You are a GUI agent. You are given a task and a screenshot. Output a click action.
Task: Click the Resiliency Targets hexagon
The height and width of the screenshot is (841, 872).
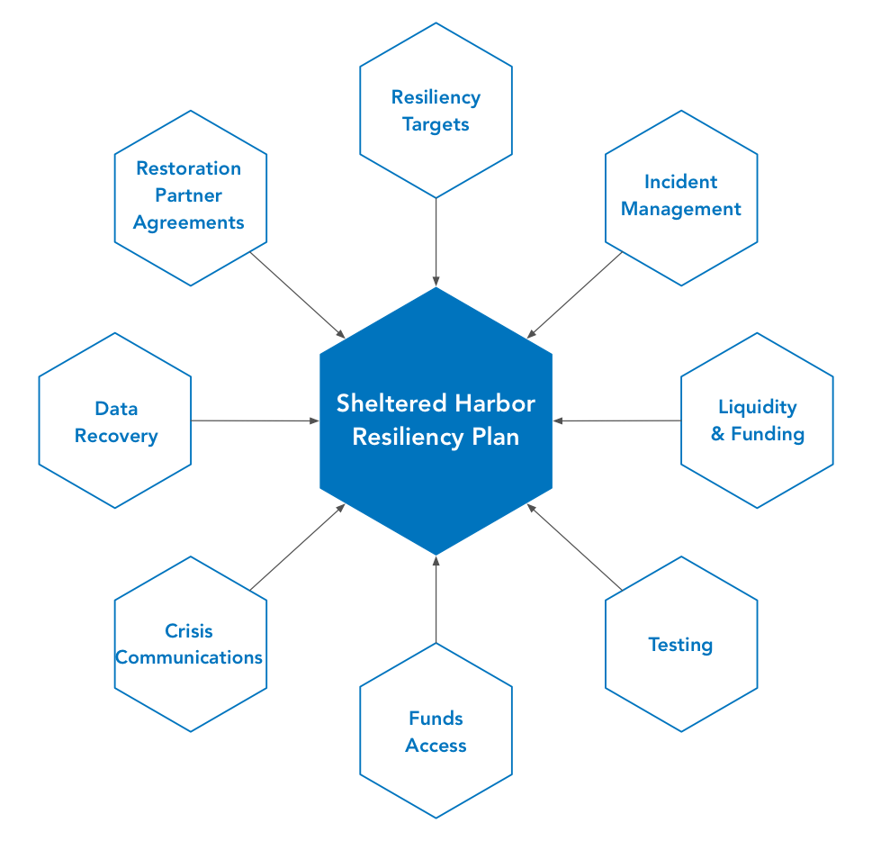[x=436, y=110]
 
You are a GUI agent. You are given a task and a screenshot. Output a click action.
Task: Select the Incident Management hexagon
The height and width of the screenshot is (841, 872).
[x=681, y=196]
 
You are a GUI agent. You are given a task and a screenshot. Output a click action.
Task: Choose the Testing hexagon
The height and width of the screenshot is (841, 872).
[x=681, y=645]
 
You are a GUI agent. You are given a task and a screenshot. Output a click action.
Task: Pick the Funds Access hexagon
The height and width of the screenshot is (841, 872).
[x=436, y=731]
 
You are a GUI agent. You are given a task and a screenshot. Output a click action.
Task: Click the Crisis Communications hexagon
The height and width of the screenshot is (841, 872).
[x=191, y=645]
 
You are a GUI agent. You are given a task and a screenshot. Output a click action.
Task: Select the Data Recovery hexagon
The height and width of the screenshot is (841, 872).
[x=115, y=421]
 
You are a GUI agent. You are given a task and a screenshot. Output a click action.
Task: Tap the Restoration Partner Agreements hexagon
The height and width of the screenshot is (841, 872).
[x=191, y=196]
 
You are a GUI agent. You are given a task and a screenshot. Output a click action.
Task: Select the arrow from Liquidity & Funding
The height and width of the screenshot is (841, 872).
[x=616, y=420]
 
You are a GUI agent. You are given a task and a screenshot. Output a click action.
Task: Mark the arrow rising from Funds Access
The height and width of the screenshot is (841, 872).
[x=436, y=599]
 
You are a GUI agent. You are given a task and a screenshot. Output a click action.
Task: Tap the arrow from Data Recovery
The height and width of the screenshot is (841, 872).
[x=256, y=420]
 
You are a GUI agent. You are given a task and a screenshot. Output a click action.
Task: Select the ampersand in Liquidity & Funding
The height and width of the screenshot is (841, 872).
[x=718, y=434]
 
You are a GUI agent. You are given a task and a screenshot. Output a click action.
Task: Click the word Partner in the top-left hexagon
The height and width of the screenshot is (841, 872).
[x=188, y=195]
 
